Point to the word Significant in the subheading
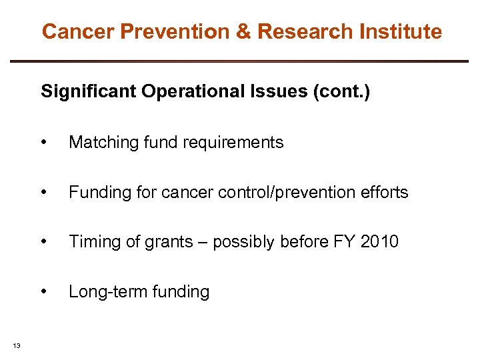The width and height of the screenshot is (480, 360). coord(87,91)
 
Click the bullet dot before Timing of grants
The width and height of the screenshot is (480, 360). coord(44,242)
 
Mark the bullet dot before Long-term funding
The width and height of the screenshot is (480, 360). coord(44,292)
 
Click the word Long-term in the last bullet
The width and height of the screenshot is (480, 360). coord(101,291)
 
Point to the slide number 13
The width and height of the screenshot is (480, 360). coord(17,345)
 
